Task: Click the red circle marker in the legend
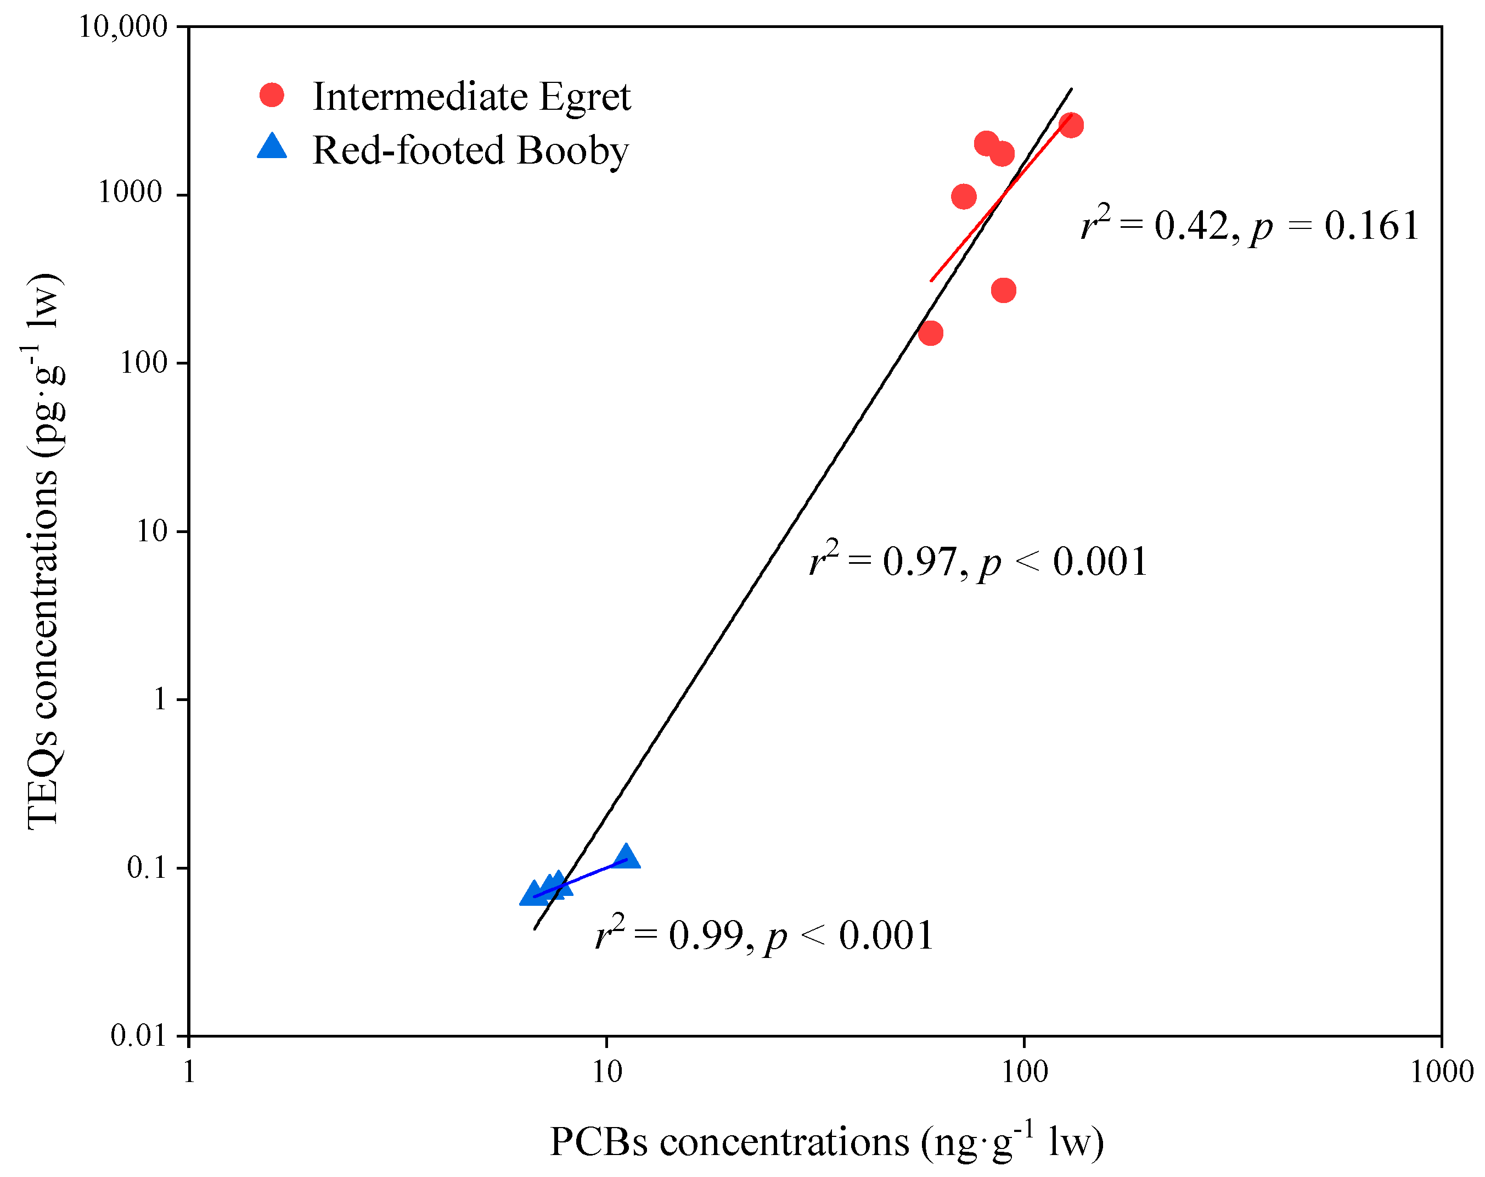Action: pos(272,95)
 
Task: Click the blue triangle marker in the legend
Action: pos(272,147)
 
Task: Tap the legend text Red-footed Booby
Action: pos(470,150)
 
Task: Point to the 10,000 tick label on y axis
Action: pos(122,27)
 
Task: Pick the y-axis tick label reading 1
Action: pos(160,699)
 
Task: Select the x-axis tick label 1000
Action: pos(1442,1072)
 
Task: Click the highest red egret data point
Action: pos(1070,125)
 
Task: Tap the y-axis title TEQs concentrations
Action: pos(45,551)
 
